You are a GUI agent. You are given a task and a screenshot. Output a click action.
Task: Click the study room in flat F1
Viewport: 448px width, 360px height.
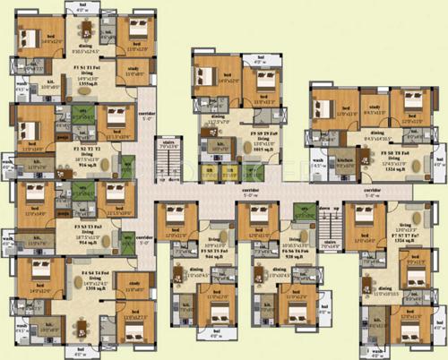pyautogui.click(x=135, y=74)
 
